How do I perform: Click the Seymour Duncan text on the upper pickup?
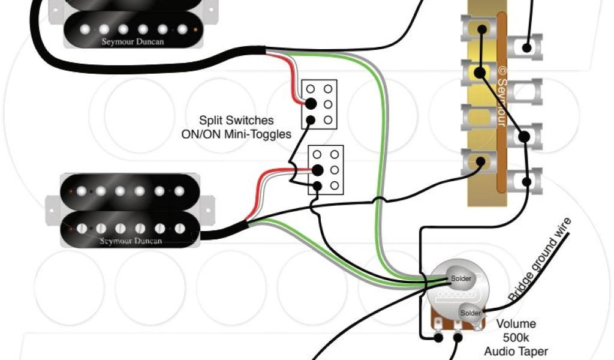pyautogui.click(x=133, y=42)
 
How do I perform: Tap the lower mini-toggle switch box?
pyautogui.click(x=326, y=170)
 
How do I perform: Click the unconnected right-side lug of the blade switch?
pyautogui.click(x=525, y=91)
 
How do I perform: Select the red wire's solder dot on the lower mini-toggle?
pyautogui.click(x=317, y=170)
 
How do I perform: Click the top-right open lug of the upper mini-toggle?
pyautogui.click(x=328, y=89)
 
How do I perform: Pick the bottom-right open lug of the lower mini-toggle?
pyautogui.click(x=334, y=185)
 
